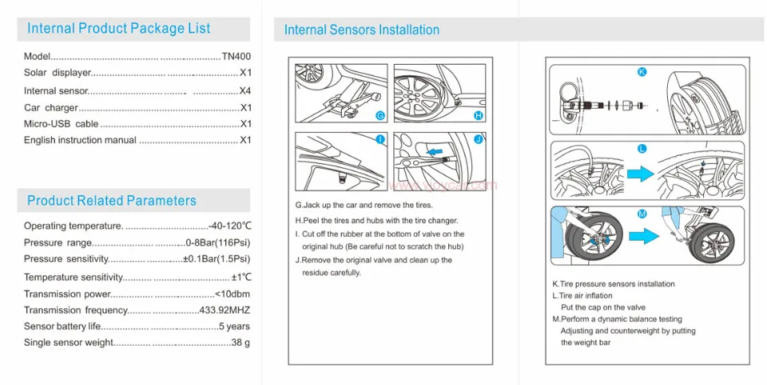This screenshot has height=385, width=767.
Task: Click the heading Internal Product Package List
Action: click(119, 29)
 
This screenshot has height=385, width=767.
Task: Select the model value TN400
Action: click(236, 57)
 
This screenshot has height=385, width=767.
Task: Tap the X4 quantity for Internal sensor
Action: click(245, 90)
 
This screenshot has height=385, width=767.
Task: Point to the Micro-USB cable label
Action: click(61, 124)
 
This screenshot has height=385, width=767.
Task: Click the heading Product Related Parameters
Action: click(111, 201)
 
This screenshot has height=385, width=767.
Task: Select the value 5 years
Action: click(234, 327)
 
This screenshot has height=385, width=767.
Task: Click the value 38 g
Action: click(240, 343)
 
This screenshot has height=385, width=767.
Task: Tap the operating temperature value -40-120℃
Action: click(230, 226)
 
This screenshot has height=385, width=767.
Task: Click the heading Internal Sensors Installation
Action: click(362, 30)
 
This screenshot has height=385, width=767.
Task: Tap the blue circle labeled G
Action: click(380, 116)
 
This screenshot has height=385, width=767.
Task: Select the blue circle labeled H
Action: click(479, 116)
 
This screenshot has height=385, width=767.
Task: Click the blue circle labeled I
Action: click(380, 139)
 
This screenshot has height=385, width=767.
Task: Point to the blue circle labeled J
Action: click(479, 139)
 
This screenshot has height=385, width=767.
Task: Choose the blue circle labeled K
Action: click(642, 72)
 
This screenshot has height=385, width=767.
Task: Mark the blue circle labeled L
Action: click(642, 149)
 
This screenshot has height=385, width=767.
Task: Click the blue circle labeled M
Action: click(642, 214)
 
